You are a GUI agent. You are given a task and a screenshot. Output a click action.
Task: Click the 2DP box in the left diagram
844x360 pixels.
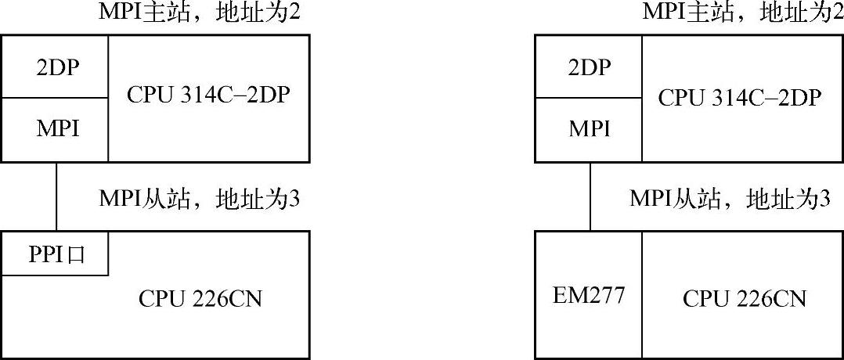tap(54, 67)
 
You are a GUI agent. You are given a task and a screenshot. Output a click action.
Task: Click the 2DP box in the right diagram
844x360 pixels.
tap(588, 67)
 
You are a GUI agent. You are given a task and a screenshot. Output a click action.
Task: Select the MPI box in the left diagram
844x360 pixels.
tap(54, 129)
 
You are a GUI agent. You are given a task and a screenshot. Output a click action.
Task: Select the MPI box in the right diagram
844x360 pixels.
tap(588, 129)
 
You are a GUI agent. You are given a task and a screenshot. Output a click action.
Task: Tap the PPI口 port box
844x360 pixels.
tap(54, 254)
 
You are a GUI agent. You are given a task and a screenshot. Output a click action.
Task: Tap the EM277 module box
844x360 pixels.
tap(588, 296)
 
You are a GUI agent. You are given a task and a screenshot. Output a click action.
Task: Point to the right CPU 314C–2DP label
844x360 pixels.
tap(739, 97)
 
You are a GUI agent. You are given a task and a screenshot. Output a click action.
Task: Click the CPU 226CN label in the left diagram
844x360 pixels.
tap(200, 298)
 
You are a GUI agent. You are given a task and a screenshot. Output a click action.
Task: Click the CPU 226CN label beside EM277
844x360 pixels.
tap(744, 298)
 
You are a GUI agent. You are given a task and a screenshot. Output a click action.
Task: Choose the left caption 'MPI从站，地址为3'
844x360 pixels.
tap(200, 199)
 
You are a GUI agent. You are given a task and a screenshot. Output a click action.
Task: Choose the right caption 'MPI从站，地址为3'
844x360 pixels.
tap(730, 199)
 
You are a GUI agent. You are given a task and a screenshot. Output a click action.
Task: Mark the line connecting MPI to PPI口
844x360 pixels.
tap(56, 196)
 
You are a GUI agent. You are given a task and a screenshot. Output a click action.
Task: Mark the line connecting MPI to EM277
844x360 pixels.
tap(590, 196)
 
